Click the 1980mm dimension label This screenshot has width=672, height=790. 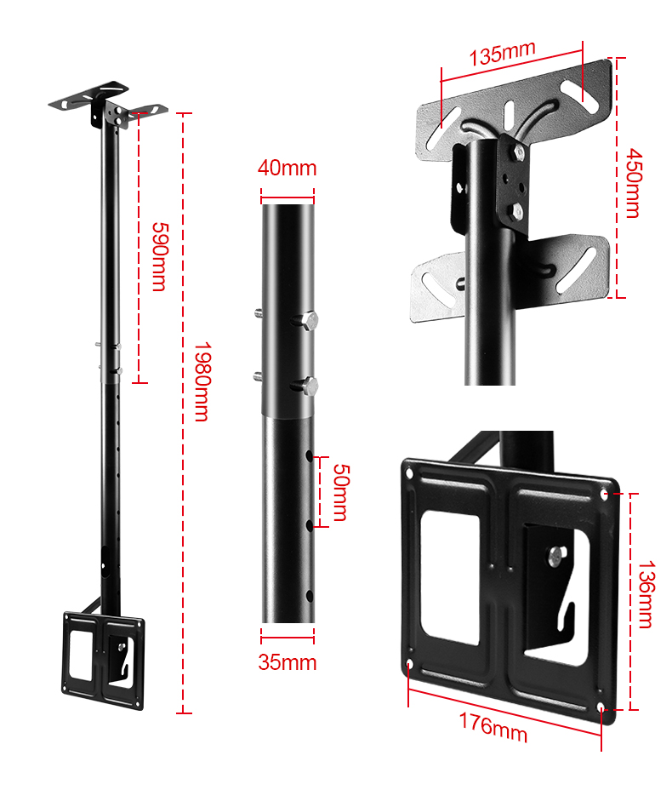tap(202, 381)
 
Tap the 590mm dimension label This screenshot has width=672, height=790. tap(160, 256)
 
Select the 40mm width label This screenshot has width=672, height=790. tap(288, 168)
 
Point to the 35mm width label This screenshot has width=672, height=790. tap(288, 662)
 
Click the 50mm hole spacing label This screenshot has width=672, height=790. tap(341, 492)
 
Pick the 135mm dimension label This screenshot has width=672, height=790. tap(502, 53)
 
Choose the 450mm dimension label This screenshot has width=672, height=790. tap(633, 183)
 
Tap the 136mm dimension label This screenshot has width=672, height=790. tap(646, 594)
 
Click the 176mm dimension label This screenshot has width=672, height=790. tap(493, 728)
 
